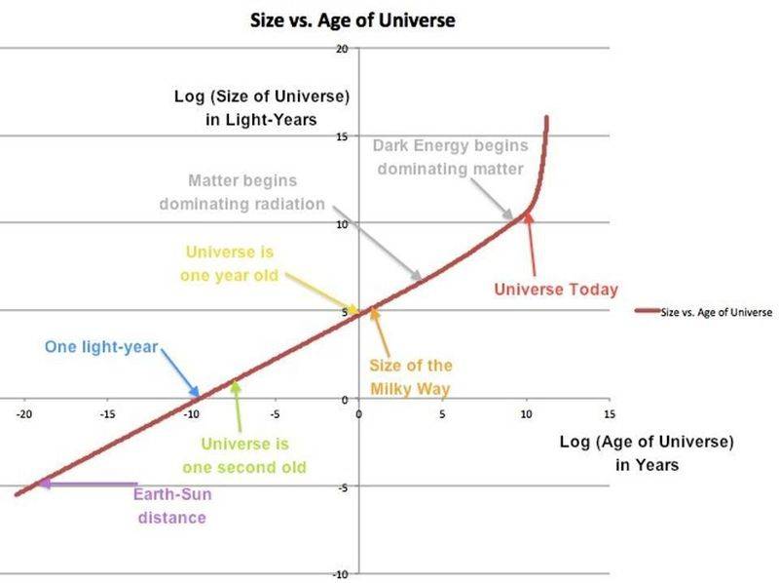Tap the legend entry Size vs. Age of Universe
coord(716,312)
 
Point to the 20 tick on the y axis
coord(342,48)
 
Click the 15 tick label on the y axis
coord(342,136)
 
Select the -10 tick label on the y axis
coord(341,573)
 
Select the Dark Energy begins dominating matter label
coord(451,156)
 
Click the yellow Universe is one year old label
coord(229,262)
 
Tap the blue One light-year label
coord(101,347)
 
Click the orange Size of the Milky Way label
coord(410,377)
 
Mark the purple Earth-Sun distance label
coord(171,506)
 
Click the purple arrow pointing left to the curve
coord(88,484)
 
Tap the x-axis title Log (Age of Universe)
coord(646,453)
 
